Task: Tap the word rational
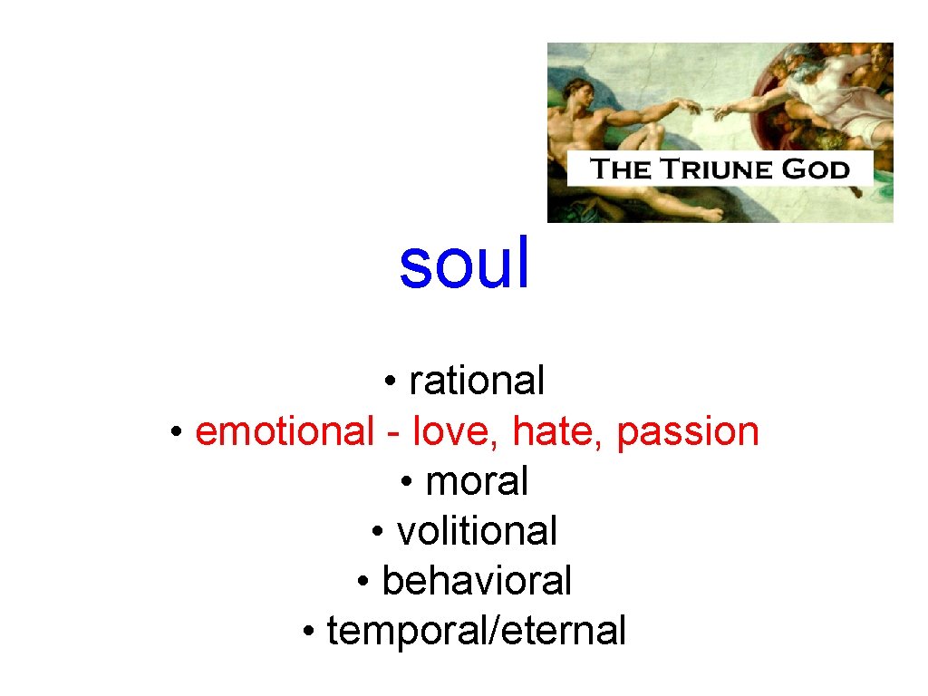coord(477,381)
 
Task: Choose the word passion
coord(688,432)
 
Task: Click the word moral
coord(477,480)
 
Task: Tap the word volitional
coord(477,531)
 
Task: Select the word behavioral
coord(477,581)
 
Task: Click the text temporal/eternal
coord(477,631)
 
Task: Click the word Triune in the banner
coord(720,169)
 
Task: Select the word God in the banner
coord(818,169)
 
